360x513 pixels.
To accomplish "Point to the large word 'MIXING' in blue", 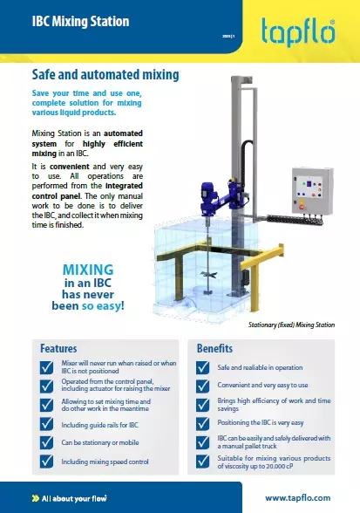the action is point(84,270).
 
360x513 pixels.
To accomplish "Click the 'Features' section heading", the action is point(58,347).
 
